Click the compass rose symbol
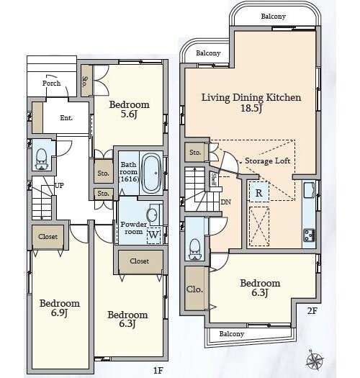coord(315,361)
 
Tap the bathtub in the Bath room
coord(151,174)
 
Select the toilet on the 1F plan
coord(42,159)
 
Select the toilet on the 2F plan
coord(195,250)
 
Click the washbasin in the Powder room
coord(153,214)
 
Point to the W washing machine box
coord(153,235)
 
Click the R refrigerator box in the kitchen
coord(258,192)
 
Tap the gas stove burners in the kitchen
coord(309,235)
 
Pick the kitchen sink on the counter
coord(309,190)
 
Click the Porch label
coord(51,84)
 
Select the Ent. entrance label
coord(66,118)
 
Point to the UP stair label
coord(59,185)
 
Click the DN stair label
coord(225,202)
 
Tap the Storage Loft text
coord(267,161)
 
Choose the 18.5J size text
coord(251,108)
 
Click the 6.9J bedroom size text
coord(59,312)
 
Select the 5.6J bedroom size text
coord(129,114)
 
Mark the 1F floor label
coord(158,370)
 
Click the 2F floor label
coord(312,311)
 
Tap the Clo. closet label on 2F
coord(194,289)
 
